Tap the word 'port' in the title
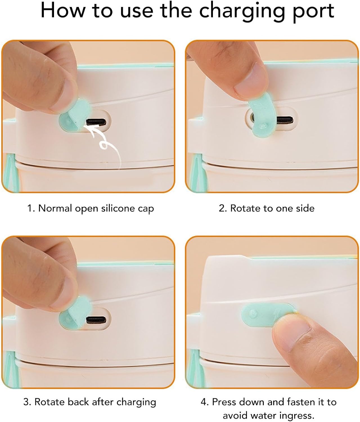313,12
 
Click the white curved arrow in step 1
104,143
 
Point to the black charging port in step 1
96,122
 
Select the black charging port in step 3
96,320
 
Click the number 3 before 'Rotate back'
26,402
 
